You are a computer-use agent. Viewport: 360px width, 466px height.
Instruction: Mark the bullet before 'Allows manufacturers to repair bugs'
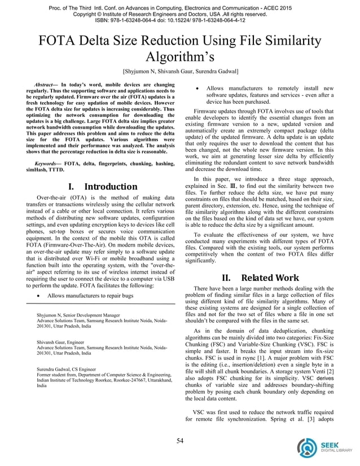tap(37, 296)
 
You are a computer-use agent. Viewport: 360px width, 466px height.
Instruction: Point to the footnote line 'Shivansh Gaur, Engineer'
tap(63, 342)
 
